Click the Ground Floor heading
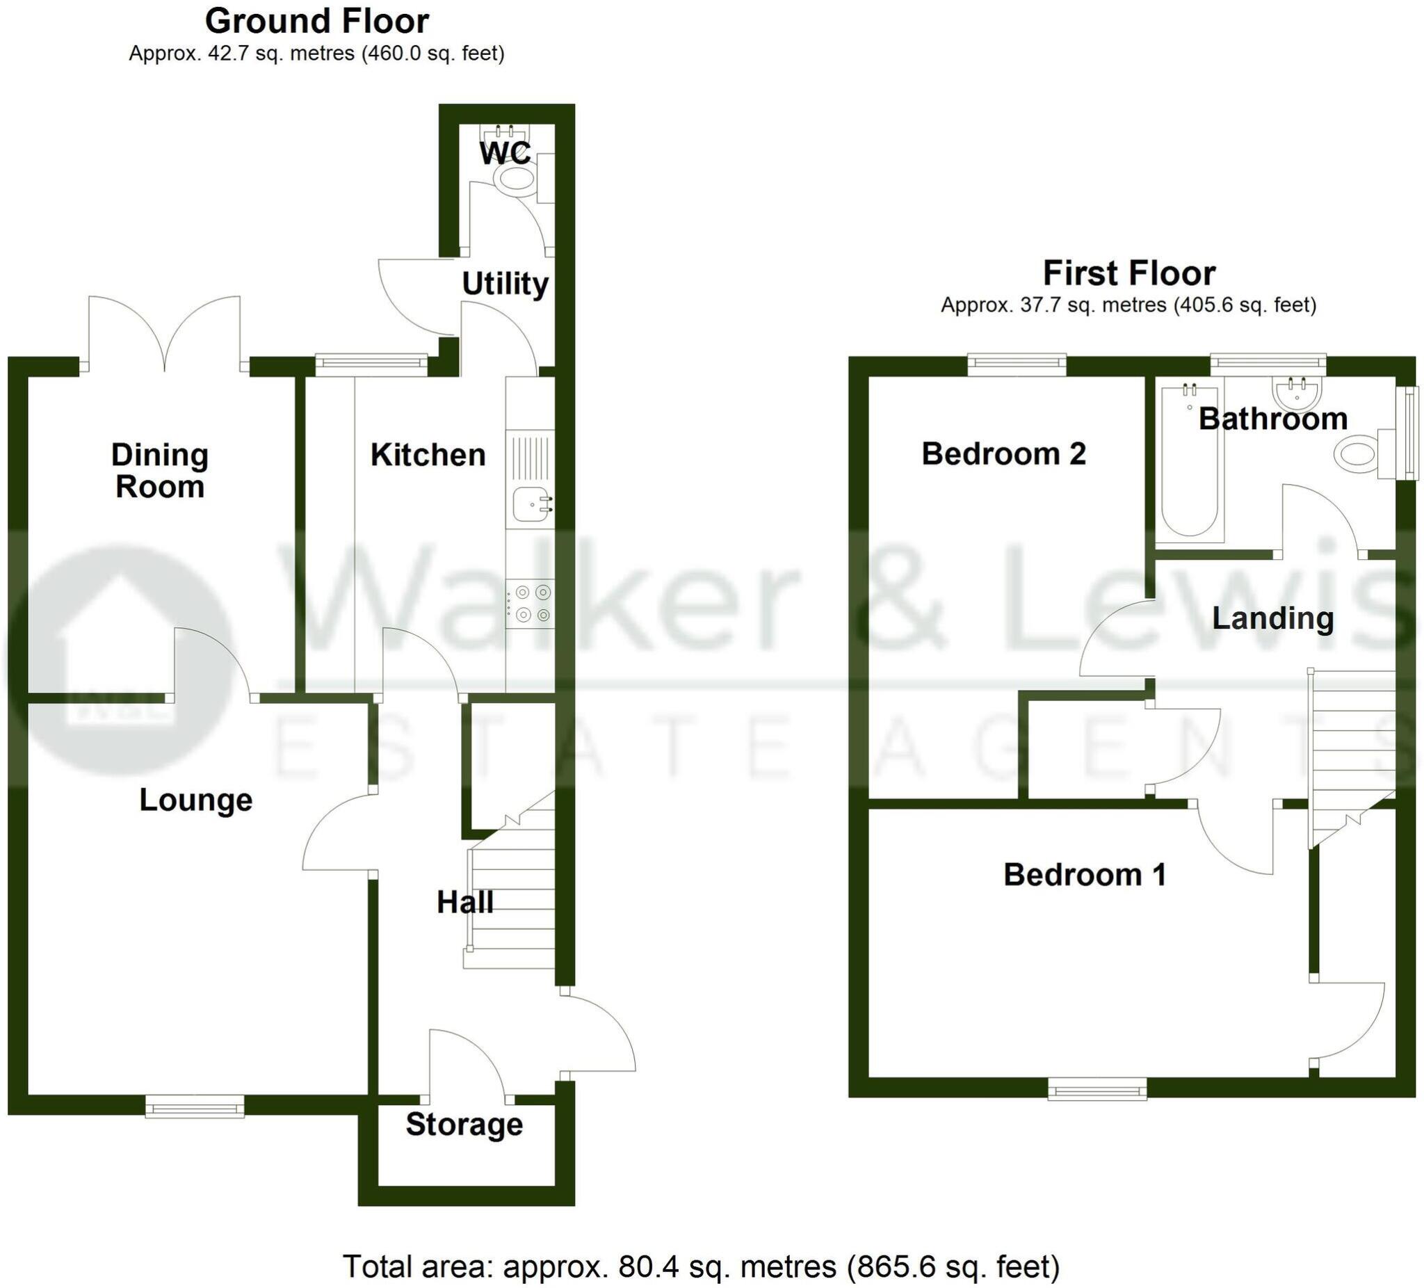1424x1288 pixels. coord(316,21)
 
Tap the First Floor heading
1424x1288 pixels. coord(1128,273)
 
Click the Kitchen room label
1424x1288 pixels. coord(428,455)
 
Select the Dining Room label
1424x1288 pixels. coord(160,471)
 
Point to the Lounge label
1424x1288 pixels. coord(195,800)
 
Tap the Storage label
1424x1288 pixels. coord(464,1124)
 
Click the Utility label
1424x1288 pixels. coord(505,284)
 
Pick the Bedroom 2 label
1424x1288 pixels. coord(1003,453)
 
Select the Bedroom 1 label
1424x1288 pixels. coord(1084,875)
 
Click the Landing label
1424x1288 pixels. coord(1273,618)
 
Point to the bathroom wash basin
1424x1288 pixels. coord(1297,392)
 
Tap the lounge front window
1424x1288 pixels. coord(195,1106)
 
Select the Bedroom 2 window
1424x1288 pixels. coord(1017,364)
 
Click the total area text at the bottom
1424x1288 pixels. coord(701,1247)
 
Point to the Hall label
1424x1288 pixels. coord(464,902)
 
